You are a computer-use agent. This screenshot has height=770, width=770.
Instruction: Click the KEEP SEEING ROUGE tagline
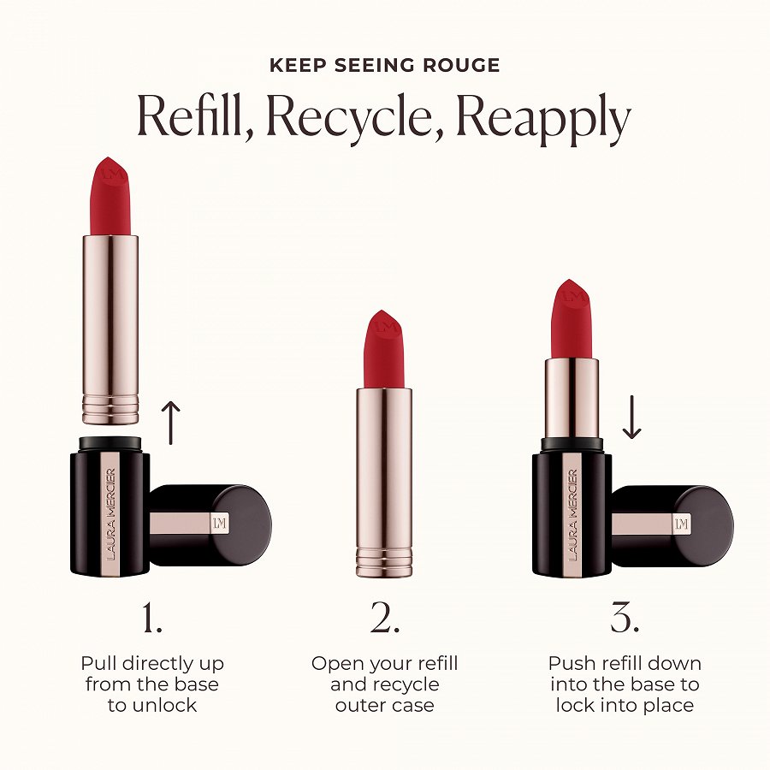click(x=384, y=66)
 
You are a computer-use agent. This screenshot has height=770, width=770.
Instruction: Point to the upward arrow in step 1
click(x=172, y=423)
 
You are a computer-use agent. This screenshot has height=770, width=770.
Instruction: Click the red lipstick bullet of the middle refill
click(x=384, y=351)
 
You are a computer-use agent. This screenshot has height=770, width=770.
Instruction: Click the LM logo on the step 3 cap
click(x=682, y=524)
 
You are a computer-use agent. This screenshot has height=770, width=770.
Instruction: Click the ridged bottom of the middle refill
click(x=384, y=561)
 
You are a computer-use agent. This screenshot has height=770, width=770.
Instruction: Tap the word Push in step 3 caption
click(x=572, y=663)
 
